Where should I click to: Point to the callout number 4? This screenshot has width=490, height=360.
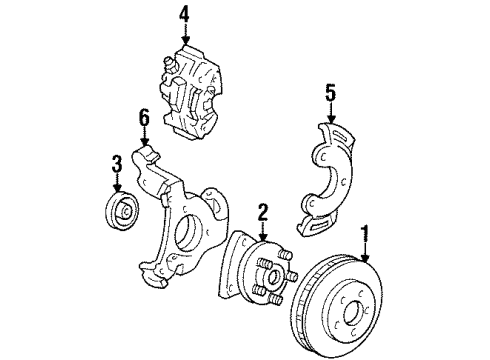click(x=184, y=15)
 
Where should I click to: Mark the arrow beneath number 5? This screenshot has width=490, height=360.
click(x=331, y=112)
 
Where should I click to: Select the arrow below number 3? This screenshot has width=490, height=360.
click(x=117, y=184)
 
